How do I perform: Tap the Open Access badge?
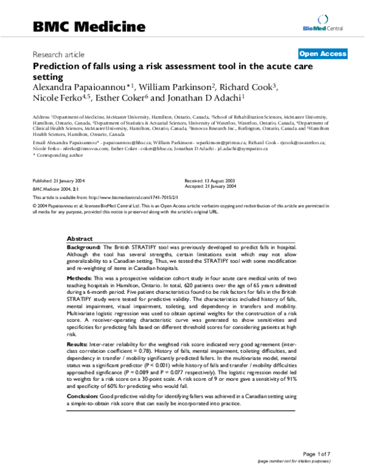coord(323,54)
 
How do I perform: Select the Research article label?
coord(58,54)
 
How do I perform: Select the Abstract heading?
coord(79,239)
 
